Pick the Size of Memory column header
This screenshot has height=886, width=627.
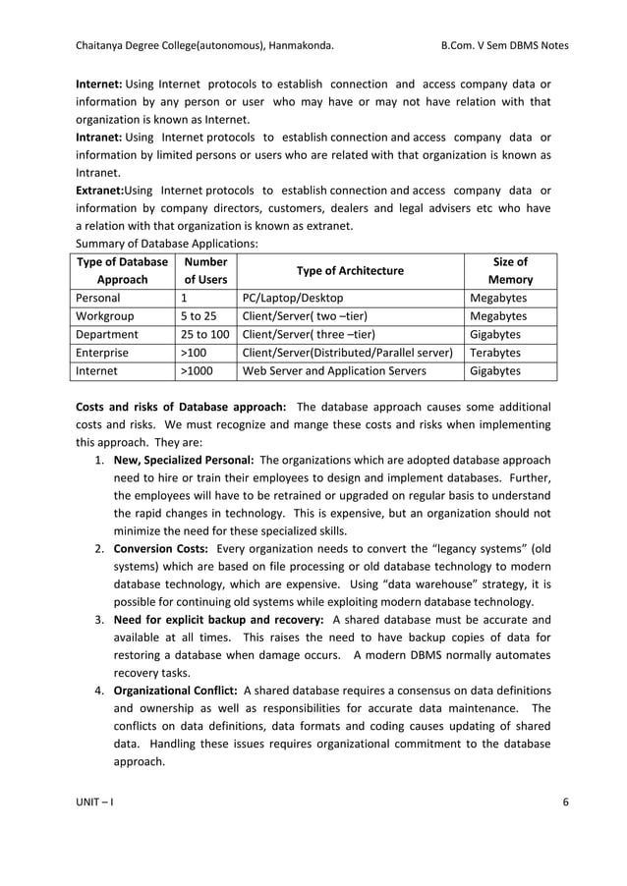(x=510, y=270)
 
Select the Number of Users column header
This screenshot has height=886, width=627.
(x=204, y=270)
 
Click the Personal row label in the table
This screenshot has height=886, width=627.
(x=97, y=298)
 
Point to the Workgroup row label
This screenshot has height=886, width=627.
(x=104, y=316)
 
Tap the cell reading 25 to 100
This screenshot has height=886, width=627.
(x=204, y=335)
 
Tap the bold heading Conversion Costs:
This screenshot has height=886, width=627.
(x=162, y=548)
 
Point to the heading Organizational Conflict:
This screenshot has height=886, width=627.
(x=176, y=691)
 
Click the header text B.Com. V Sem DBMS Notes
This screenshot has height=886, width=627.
(x=505, y=45)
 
